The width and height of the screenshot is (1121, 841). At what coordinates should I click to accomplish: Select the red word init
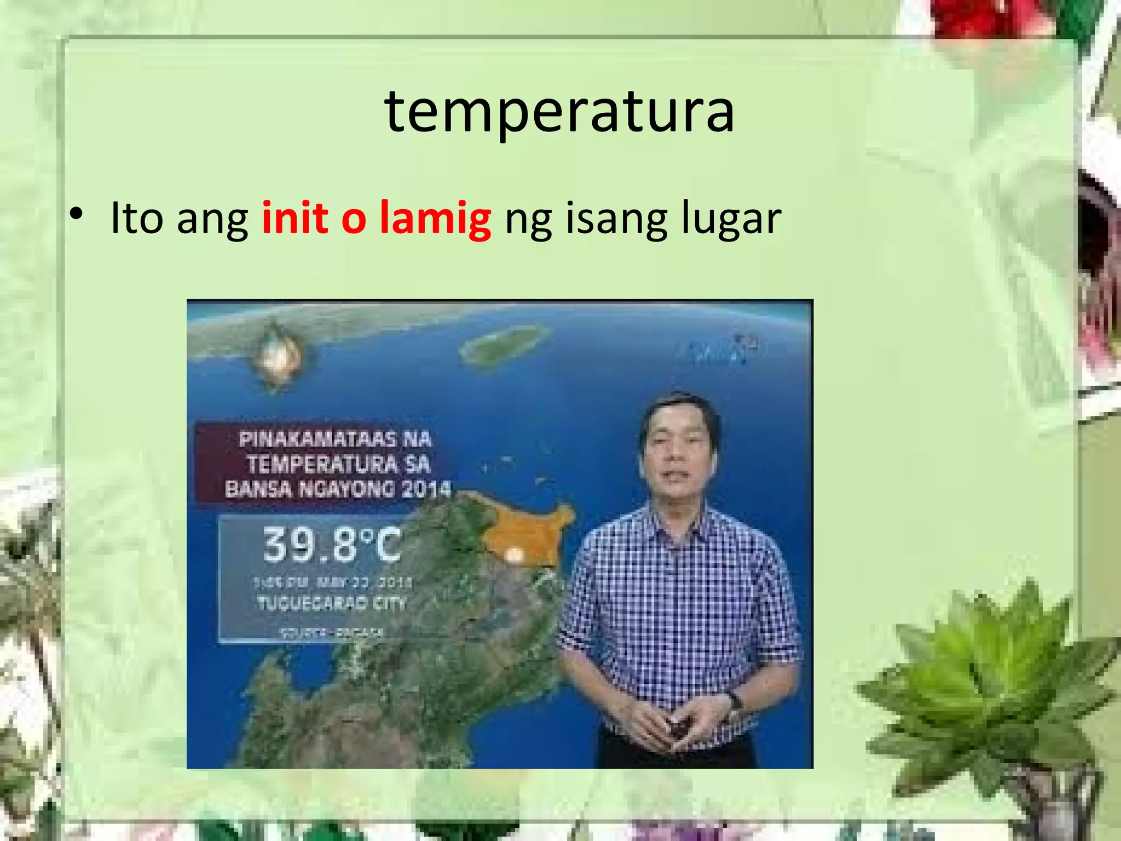[295, 218]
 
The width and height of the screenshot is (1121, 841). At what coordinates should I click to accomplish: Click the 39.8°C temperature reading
[332, 544]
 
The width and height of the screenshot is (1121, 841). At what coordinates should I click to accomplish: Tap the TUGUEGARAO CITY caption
[332, 603]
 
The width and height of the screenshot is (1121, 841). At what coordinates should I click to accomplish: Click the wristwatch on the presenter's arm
[733, 701]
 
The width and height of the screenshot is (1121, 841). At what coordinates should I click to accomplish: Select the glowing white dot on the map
[514, 555]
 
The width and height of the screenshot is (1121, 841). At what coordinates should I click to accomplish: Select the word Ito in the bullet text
[137, 218]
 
